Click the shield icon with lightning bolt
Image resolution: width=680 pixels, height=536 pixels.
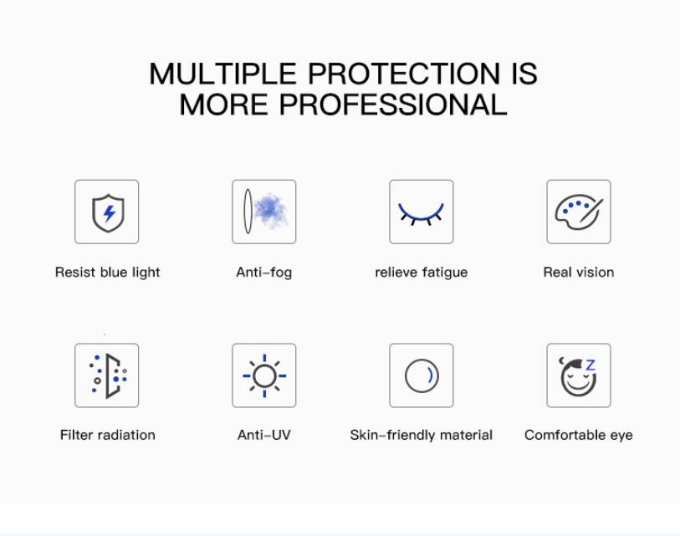click(x=108, y=212)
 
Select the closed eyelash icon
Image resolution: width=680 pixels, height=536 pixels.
click(x=421, y=213)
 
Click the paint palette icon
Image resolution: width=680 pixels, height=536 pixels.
click(x=579, y=212)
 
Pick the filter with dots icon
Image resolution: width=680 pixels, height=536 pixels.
click(x=108, y=375)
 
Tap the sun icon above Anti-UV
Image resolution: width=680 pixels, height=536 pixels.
click(x=264, y=375)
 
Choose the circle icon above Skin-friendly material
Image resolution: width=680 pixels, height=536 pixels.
click(x=422, y=375)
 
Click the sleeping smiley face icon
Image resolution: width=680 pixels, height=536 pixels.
click(x=578, y=376)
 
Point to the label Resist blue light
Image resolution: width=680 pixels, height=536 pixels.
click(x=108, y=273)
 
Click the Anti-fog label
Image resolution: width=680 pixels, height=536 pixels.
click(x=264, y=273)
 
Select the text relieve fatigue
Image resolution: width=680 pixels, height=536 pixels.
click(x=421, y=273)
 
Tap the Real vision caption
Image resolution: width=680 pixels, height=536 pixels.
click(x=579, y=273)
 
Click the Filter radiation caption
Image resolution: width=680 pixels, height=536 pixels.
click(x=108, y=435)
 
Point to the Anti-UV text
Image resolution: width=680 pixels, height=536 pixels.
click(x=264, y=435)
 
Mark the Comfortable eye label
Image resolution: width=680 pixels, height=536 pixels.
click(x=579, y=435)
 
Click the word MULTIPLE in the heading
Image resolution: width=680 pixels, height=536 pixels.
click(x=223, y=74)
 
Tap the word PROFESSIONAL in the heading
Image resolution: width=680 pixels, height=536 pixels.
click(x=393, y=105)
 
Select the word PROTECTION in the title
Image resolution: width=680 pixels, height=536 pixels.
click(x=404, y=74)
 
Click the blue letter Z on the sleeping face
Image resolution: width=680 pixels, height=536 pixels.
click(x=590, y=365)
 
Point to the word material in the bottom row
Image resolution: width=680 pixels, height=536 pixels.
click(x=466, y=435)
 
